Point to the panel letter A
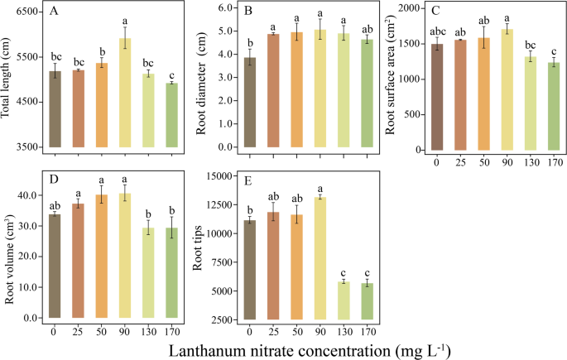click(x=54, y=12)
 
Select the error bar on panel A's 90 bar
click(x=125, y=38)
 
